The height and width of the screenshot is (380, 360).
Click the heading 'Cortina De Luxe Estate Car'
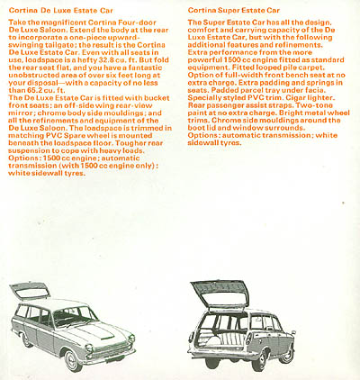coord(56,9)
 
